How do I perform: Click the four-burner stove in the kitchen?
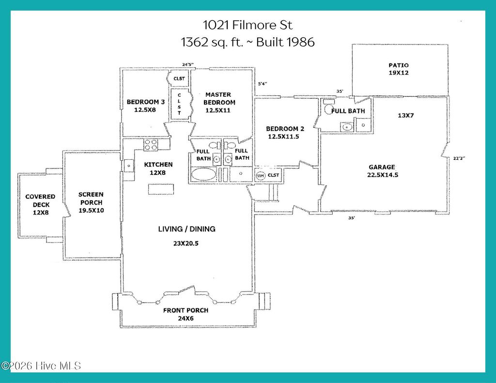pyautogui.click(x=150, y=145)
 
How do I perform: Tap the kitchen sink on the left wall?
pyautogui.click(x=129, y=166)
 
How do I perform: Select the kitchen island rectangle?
pyautogui.click(x=160, y=189)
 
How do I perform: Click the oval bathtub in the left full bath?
pyautogui.click(x=203, y=174)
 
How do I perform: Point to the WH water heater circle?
pyautogui.click(x=260, y=175)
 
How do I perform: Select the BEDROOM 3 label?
pyautogui.click(x=146, y=102)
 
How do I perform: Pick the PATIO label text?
pyautogui.click(x=398, y=65)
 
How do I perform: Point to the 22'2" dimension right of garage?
pyautogui.click(x=458, y=157)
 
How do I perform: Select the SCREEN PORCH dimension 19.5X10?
pyautogui.click(x=91, y=211)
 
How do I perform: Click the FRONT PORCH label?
pyautogui.click(x=186, y=310)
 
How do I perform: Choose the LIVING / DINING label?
pyautogui.click(x=186, y=229)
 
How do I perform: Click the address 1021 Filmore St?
pyautogui.click(x=248, y=25)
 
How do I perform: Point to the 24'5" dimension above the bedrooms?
pyautogui.click(x=187, y=64)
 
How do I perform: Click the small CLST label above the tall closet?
pyautogui.click(x=179, y=78)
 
